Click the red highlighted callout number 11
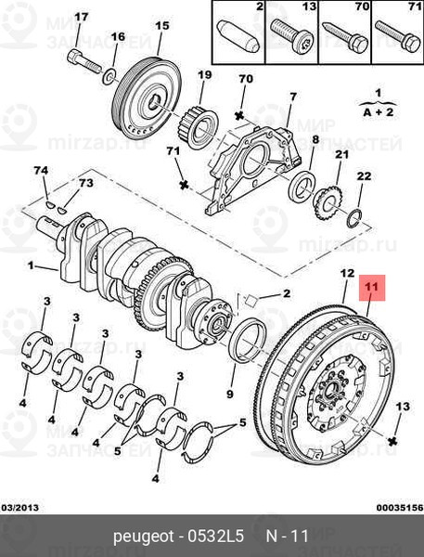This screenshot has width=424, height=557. pyautogui.click(x=372, y=288)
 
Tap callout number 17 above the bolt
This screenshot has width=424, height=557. pyautogui.click(x=81, y=18)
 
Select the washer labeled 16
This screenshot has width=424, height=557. pyautogui.click(x=109, y=77)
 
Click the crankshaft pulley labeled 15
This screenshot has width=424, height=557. pyautogui.click(x=147, y=98)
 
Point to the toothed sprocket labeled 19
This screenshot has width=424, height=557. pyautogui.click(x=201, y=129)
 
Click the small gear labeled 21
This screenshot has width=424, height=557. pyautogui.click(x=328, y=202)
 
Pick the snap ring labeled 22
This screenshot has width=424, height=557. pyautogui.click(x=354, y=219)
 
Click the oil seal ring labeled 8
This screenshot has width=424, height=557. pyautogui.click(x=302, y=187)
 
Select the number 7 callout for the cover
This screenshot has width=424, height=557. pyautogui.click(x=293, y=97)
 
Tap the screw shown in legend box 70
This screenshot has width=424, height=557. pyautogui.click(x=345, y=37)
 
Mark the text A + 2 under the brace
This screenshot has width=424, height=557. pyautogui.click(x=379, y=112)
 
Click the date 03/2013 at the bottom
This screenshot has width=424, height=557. pyautogui.click(x=19, y=507)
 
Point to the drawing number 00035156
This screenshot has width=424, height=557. pyautogui.click(x=400, y=507)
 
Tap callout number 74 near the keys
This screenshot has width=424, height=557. pyautogui.click(x=41, y=170)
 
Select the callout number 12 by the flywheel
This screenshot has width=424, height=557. pyautogui.click(x=347, y=273)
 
